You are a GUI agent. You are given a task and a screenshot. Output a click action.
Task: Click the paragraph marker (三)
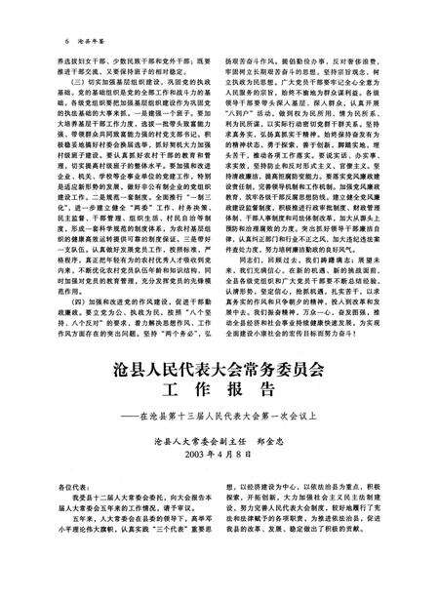[x=67, y=73]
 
